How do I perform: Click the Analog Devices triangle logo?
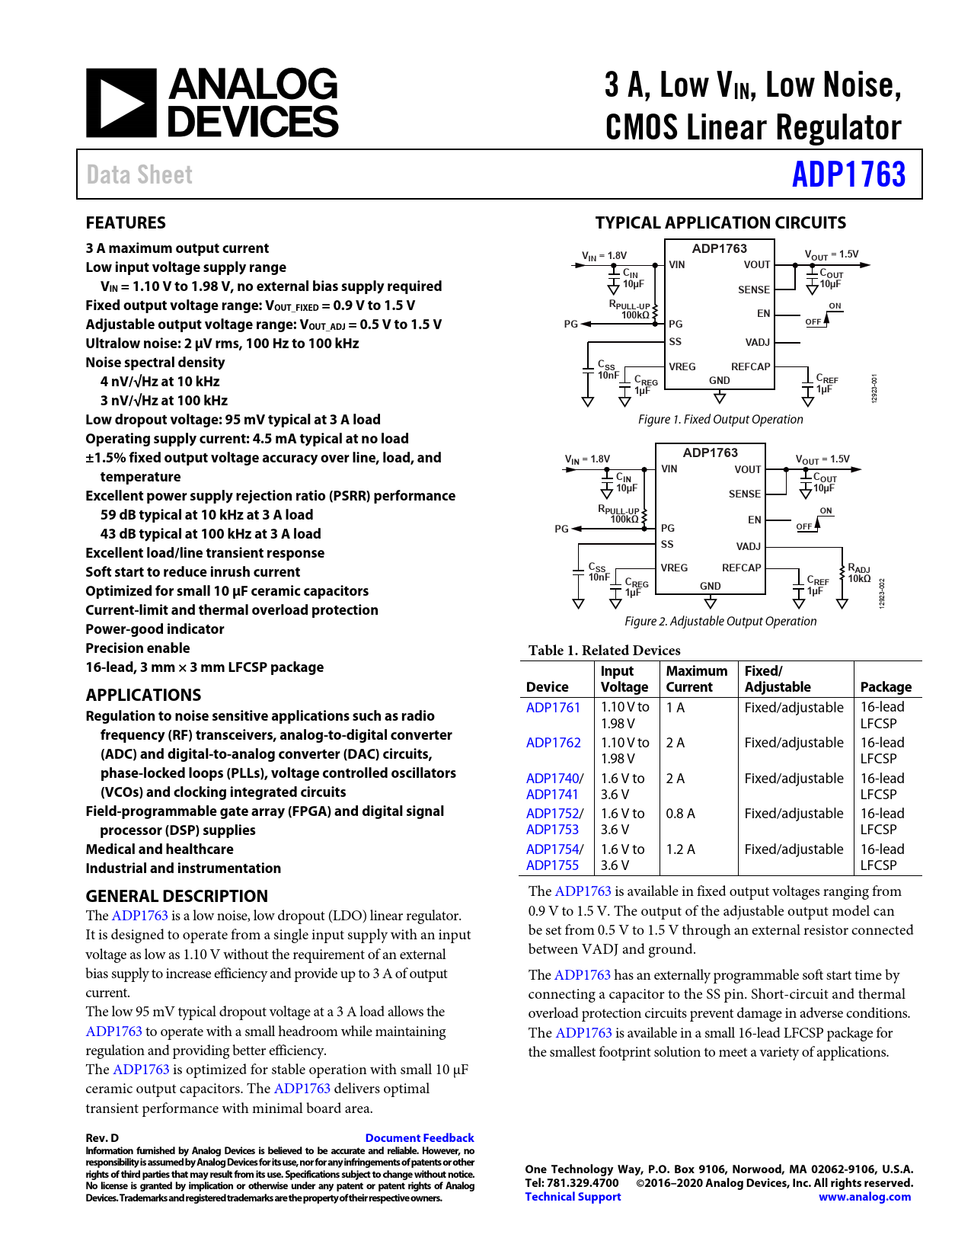pos(121,103)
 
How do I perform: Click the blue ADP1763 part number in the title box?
pos(848,174)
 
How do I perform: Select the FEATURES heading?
pos(126,222)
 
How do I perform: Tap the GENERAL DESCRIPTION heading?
pos(177,896)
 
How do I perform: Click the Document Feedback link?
pos(419,1137)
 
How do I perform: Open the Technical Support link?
pos(573,1197)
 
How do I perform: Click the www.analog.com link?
pos(864,1197)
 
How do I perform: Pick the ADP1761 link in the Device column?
pos(553,707)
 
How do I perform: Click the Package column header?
pos(886,686)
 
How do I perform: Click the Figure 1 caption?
pos(720,419)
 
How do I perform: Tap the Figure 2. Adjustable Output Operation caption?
pos(720,621)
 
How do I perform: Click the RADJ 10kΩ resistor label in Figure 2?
pos(859,574)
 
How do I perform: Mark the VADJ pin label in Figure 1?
pos(757,342)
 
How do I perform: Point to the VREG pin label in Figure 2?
pos(674,568)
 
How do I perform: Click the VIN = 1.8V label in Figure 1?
pos(604,255)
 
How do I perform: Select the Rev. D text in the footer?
pos(102,1137)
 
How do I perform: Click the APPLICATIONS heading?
pos(143,695)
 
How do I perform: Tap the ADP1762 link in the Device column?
pos(553,743)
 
